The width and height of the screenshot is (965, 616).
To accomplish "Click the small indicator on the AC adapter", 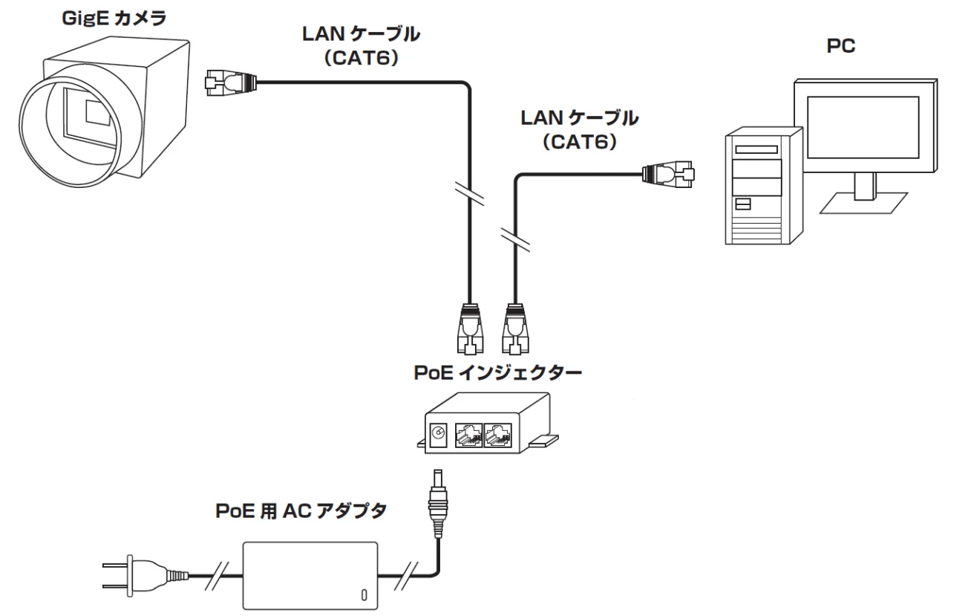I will [363, 594].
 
